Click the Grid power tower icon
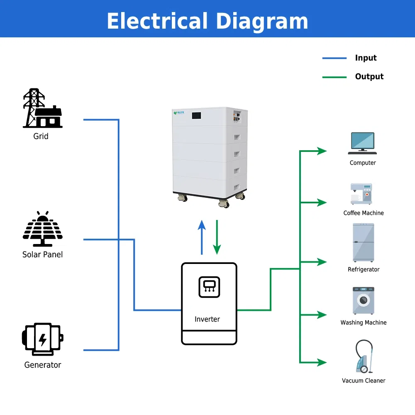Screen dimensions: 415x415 pyautogui.click(x=41, y=108)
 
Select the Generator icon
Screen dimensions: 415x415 pyautogui.click(x=42, y=339)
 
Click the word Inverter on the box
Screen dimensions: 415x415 pyautogui.click(x=207, y=319)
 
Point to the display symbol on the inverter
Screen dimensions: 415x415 pyautogui.click(x=209, y=287)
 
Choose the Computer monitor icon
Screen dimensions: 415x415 pyautogui.click(x=363, y=142)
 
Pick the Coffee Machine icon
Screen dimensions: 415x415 pyautogui.click(x=361, y=194)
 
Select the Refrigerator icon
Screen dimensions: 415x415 pyautogui.click(x=363, y=242)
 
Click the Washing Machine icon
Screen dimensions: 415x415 pyautogui.click(x=363, y=300)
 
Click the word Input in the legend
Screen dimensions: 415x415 pyautogui.click(x=366, y=58)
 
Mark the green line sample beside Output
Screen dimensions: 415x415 pyautogui.click(x=334, y=77)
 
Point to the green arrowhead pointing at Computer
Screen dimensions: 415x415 pyautogui.click(x=322, y=151)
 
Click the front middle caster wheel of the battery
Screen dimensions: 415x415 pyautogui.click(x=224, y=203)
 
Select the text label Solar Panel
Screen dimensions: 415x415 pyautogui.click(x=42, y=254)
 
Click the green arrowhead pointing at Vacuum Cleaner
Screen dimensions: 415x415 pyautogui.click(x=322, y=362)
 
